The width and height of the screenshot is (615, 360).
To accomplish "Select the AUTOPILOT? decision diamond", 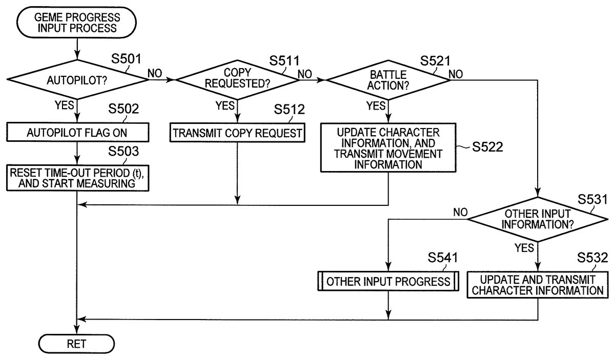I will (x=77, y=80).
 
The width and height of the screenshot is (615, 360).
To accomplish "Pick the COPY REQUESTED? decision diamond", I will (x=237, y=80).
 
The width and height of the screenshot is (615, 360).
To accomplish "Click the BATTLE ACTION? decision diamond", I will (x=388, y=80).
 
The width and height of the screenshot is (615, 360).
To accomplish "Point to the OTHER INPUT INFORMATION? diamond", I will (x=538, y=219).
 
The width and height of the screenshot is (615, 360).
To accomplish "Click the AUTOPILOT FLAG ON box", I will (x=77, y=133).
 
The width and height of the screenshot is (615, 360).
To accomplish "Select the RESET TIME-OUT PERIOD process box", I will (x=77, y=177).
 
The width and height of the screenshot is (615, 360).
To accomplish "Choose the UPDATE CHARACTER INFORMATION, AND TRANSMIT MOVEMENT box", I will (x=388, y=146).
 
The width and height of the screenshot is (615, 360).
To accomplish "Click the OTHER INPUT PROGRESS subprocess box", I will (x=388, y=281).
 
